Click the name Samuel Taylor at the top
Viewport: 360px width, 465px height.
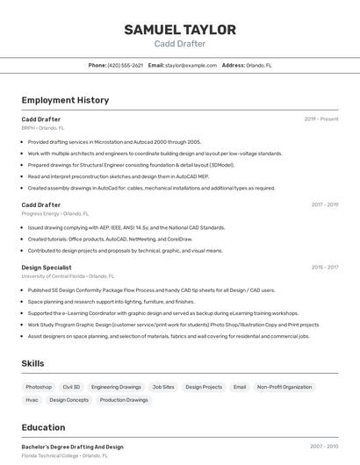tap(180, 30)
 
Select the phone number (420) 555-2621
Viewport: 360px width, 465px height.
tap(125, 65)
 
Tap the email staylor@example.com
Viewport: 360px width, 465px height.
tap(191, 65)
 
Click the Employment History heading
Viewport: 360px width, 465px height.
tap(65, 101)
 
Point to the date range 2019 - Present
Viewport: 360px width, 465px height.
tap(321, 119)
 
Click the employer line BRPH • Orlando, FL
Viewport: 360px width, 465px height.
tap(43, 127)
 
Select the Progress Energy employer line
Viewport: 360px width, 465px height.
tap(55, 213)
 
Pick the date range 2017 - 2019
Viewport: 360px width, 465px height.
tap(325, 205)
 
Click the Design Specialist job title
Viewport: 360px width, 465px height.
tap(47, 268)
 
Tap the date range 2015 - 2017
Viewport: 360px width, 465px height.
tap(325, 268)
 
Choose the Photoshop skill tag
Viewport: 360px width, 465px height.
tap(39, 387)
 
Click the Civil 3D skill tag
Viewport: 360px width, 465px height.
tap(71, 387)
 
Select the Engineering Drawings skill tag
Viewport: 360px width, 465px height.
tap(116, 387)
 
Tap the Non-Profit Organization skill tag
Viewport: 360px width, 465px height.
tap(284, 387)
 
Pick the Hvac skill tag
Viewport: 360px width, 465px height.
tap(32, 400)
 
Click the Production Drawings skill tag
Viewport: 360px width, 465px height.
tap(124, 400)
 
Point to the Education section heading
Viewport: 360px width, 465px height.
tap(43, 427)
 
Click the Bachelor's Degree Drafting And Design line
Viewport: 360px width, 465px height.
tap(73, 447)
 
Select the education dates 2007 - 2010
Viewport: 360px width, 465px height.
tap(324, 447)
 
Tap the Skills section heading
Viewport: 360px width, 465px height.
tap(33, 363)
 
